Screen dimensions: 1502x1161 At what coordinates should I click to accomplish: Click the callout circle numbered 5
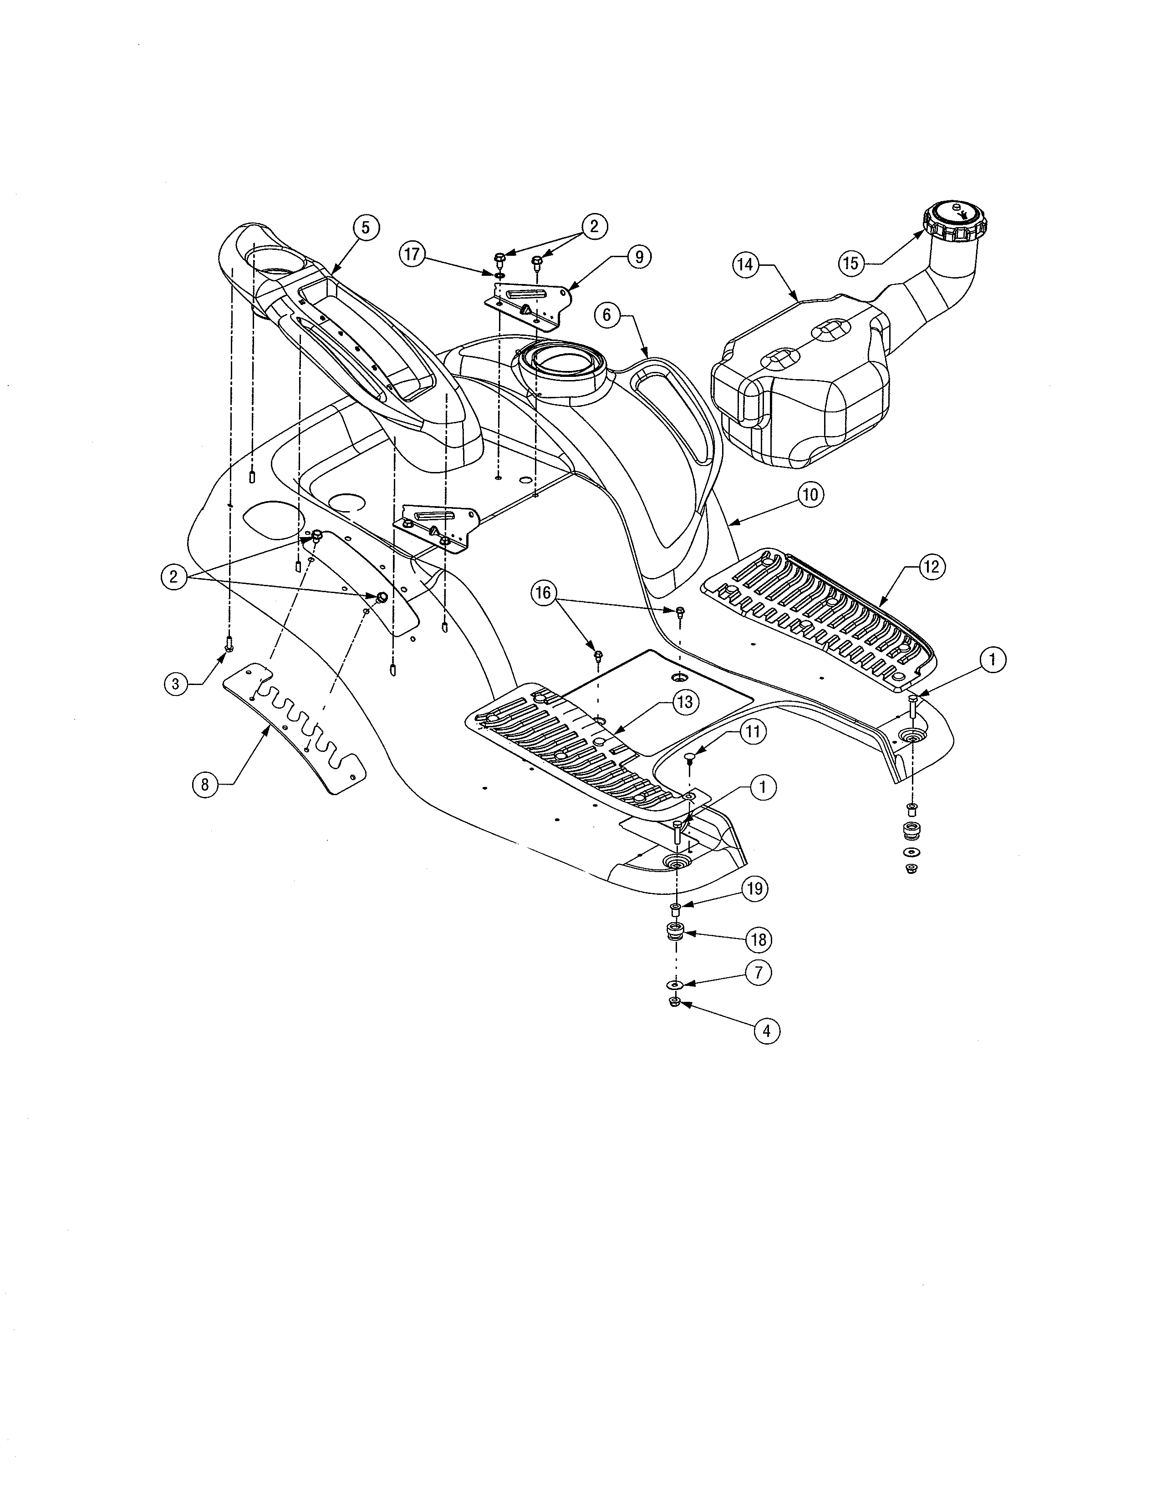coord(366,228)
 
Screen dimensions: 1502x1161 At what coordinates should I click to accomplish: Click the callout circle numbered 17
coord(412,254)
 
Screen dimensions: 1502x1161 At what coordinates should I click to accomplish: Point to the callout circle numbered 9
coord(639,257)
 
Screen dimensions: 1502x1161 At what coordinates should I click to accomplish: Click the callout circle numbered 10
coord(811,494)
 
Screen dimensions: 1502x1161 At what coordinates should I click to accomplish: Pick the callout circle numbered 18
coord(759,939)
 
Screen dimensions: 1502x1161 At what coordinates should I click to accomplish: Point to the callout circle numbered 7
coord(759,973)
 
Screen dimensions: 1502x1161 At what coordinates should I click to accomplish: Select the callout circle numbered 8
coord(204,784)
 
